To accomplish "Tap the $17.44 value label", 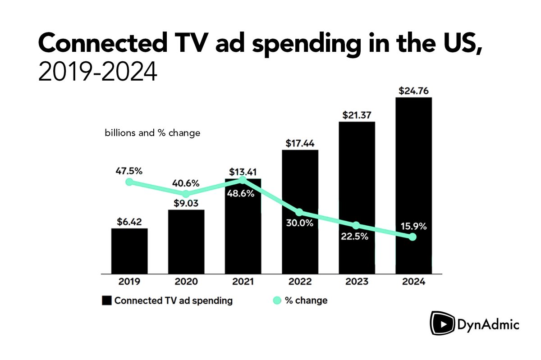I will pos(300,143).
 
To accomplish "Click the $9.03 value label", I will pos(186,203).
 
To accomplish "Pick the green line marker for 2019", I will pos(129,182).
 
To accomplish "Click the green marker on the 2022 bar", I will pos(299,212).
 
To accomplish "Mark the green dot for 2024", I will pos(413,237).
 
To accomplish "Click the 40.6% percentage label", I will pos(186,183).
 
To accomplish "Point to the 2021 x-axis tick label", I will pos(243,283).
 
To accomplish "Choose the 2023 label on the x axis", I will pos(357,283).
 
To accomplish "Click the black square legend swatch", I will pos(106,301).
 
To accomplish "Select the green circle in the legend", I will pos(277,301).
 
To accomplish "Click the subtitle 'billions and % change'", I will pos(152,134).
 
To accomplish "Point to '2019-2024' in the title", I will pos(98,72).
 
